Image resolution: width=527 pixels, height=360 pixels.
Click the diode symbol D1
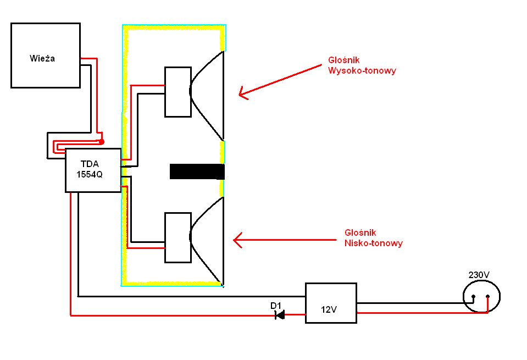point(280,315)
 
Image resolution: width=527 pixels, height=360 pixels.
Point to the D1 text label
point(276,306)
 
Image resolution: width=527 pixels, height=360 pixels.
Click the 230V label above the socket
point(479,275)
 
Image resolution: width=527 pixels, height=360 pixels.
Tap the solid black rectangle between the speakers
point(197,171)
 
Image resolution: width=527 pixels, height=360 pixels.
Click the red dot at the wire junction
point(102,142)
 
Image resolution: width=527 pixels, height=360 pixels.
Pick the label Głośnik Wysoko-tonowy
point(362,65)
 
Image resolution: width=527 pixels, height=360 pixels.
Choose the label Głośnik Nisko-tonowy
point(373,238)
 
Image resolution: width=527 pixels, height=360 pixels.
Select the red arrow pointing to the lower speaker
point(285,240)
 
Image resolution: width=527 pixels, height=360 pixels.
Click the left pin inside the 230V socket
point(473,296)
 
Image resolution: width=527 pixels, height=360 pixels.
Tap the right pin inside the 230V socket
point(487,296)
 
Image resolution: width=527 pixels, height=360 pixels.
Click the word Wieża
point(42,58)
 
